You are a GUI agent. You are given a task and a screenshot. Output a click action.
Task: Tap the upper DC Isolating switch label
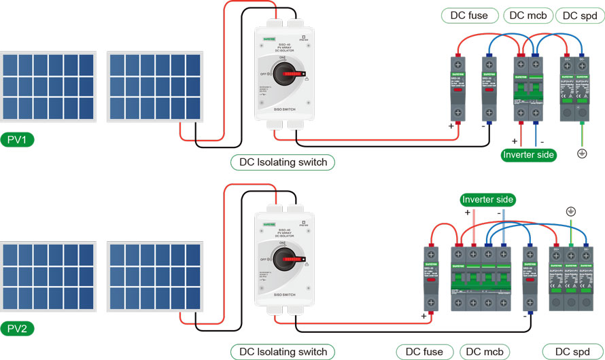click(x=283, y=162)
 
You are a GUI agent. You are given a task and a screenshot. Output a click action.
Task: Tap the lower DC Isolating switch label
click(x=283, y=352)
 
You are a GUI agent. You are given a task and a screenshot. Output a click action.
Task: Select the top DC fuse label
click(x=470, y=16)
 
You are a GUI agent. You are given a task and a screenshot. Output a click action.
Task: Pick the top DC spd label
click(x=580, y=16)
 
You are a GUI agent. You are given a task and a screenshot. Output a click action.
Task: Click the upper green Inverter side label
click(x=529, y=155)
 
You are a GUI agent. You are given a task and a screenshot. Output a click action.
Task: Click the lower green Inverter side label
click(x=487, y=200)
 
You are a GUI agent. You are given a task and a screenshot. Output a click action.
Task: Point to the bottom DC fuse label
click(x=425, y=352)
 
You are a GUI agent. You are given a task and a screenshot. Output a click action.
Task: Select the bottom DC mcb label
click(x=483, y=352)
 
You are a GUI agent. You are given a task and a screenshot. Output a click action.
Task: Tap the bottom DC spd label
click(x=570, y=352)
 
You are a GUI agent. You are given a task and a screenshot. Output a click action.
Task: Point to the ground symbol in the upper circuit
click(x=581, y=154)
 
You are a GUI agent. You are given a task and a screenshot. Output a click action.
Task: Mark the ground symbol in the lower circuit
click(x=570, y=211)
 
